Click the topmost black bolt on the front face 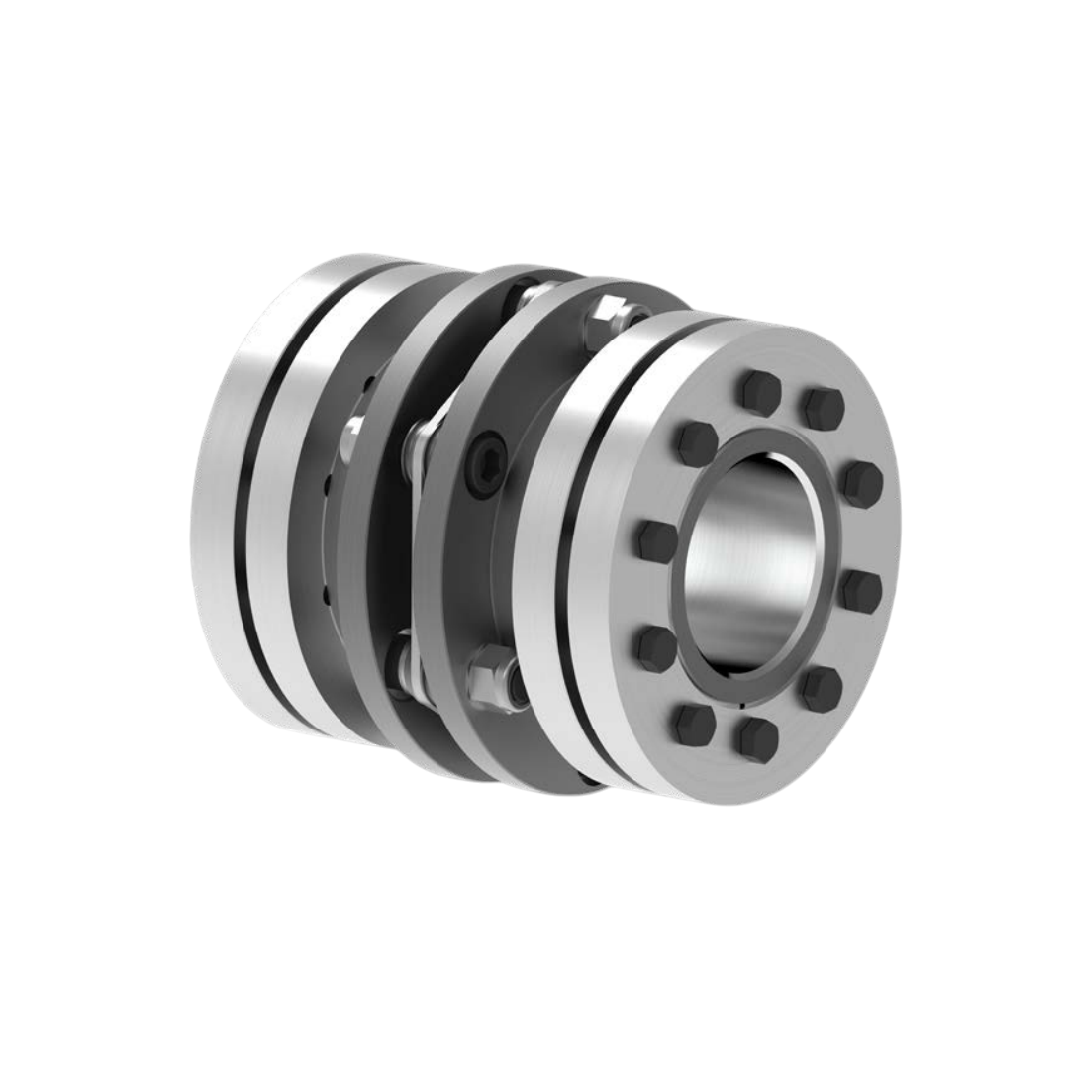pos(760,393)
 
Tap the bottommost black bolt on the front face pos(758,738)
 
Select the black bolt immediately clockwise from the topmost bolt pos(823,409)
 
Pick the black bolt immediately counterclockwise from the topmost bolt pos(697,441)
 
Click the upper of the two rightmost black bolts pos(863,483)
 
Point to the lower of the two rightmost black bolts pos(862,591)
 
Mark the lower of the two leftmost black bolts pos(656,648)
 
